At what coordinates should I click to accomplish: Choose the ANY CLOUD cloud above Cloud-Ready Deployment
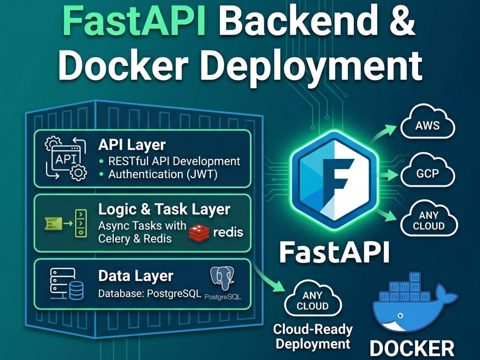tap(312, 298)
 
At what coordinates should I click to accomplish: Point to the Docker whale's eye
tap(399, 315)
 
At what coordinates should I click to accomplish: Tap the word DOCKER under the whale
tap(412, 348)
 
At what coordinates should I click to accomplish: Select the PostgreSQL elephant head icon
tap(223, 278)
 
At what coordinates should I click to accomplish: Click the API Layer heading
tap(132, 145)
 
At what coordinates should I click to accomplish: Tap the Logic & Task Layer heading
tap(164, 209)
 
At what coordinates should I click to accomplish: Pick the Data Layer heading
tap(136, 276)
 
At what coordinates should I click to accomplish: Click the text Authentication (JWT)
tap(163, 174)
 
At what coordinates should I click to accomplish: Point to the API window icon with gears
tap(66, 158)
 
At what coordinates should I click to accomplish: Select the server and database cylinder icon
tap(66, 284)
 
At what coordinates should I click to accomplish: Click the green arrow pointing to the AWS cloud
tap(382, 133)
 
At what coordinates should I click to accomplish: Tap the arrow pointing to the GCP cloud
tap(389, 175)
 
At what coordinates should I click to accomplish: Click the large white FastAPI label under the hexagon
tap(335, 252)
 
